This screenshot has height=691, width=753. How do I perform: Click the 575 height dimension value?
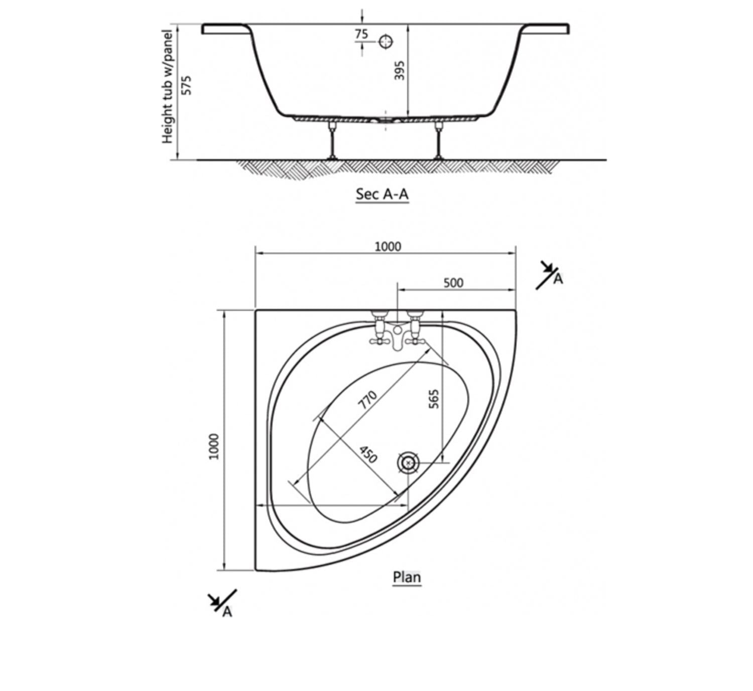pos(187,86)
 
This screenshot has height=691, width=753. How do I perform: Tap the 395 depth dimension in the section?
pos(400,71)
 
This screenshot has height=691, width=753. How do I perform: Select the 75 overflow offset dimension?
pos(361,34)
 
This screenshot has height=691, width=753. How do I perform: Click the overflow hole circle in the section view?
pos(386,41)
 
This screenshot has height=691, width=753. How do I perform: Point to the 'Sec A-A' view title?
pos(382,194)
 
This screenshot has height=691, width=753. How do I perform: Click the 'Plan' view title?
pos(407,577)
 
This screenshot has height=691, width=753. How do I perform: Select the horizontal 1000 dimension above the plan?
pos(388,247)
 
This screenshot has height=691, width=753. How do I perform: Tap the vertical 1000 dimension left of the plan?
pos(213,446)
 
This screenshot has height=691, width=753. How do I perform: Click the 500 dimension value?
pos(453,283)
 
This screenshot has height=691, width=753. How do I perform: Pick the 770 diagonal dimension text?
pos(367,400)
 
